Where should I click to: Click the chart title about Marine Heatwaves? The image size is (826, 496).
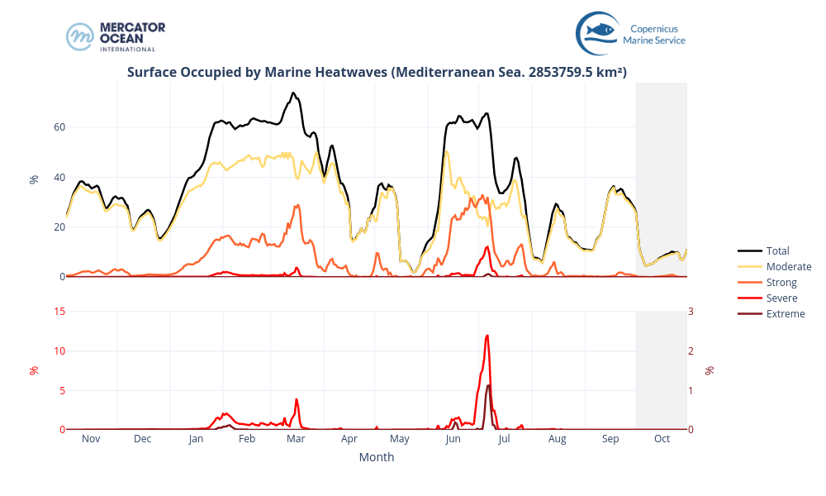pyautogui.click(x=377, y=72)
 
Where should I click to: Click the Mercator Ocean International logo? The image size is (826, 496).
pyautogui.click(x=116, y=36)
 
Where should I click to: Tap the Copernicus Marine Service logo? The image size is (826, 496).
pyautogui.click(x=631, y=33)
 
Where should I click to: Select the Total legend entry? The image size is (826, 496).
pyautogui.click(x=777, y=250)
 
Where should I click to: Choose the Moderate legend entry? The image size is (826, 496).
pyautogui.click(x=788, y=266)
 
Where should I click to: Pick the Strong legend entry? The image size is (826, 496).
pyautogui.click(x=781, y=282)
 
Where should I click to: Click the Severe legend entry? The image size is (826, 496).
pyautogui.click(x=781, y=298)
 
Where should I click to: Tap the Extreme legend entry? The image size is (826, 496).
pyautogui.click(x=785, y=313)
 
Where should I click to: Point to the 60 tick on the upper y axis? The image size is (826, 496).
pyautogui.click(x=59, y=127)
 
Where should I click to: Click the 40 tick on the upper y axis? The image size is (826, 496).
pyautogui.click(x=59, y=177)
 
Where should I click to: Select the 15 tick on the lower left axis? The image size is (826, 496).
pyautogui.click(x=59, y=311)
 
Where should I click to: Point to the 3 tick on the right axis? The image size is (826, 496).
pyautogui.click(x=693, y=311)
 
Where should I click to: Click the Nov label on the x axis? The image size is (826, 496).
pyautogui.click(x=91, y=439)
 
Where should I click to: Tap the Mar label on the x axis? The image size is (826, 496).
pyautogui.click(x=296, y=439)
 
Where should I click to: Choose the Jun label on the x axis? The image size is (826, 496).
pyautogui.click(x=453, y=439)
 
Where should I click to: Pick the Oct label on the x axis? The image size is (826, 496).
pyautogui.click(x=662, y=439)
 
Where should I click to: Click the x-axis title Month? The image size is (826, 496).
pyautogui.click(x=376, y=457)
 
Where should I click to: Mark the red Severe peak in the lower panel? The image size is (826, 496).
pyautogui.click(x=487, y=336)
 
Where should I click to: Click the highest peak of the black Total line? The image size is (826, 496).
pyautogui.click(x=293, y=93)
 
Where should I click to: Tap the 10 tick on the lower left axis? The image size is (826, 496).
pyautogui.click(x=59, y=351)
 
